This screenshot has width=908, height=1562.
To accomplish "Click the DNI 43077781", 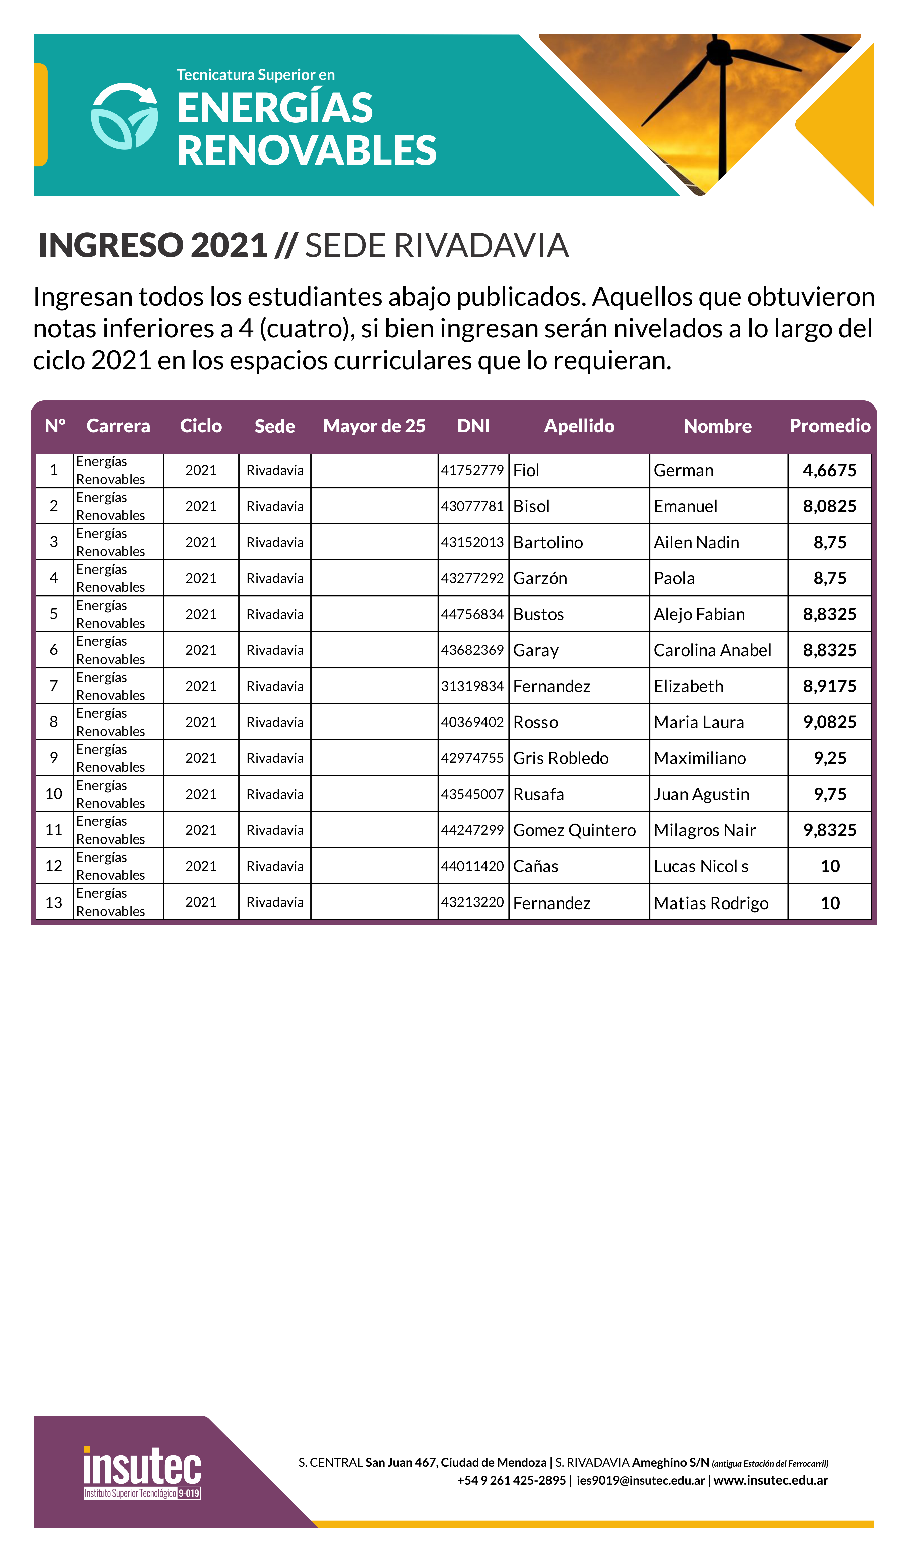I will pyautogui.click(x=472, y=506).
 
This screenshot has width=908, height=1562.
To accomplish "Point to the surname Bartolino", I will pyautogui.click(x=548, y=542).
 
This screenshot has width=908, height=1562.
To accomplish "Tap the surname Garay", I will pyautogui.click(x=535, y=650).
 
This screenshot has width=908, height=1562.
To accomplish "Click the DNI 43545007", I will pyautogui.click(x=472, y=794).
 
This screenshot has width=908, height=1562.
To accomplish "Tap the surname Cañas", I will pyautogui.click(x=535, y=866).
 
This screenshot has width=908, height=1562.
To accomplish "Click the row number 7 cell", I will pyautogui.click(x=54, y=686).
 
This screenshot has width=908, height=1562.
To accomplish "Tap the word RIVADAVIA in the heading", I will pyautogui.click(x=480, y=245).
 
